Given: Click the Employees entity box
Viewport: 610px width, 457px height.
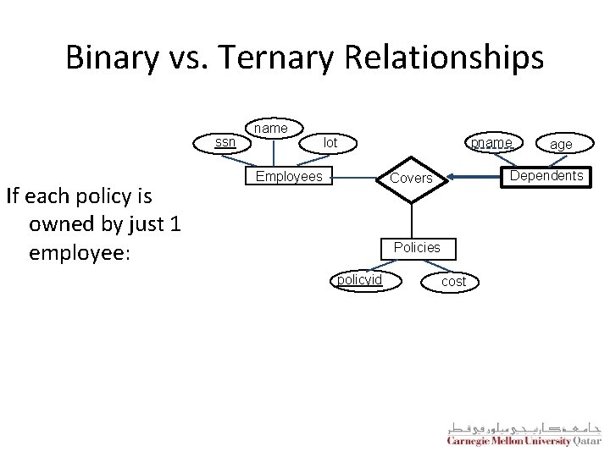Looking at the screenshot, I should pos(289,176).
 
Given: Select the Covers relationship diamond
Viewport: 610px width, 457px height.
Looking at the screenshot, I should pos(411,179).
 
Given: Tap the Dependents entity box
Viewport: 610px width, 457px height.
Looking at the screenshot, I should pos(546,176).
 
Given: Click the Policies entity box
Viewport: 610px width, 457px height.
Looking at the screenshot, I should pos(416,247).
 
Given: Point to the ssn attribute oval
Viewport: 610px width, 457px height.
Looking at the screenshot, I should pos(225,142).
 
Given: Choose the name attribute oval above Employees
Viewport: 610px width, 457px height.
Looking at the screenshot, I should pos(271,129).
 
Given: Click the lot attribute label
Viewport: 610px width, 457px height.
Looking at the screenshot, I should pos(330,143).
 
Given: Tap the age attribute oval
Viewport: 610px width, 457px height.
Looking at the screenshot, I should pos(561,144).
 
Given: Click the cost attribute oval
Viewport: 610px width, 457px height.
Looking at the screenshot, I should pos(454,282).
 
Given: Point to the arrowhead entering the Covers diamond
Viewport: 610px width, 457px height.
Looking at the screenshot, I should pos(453,176).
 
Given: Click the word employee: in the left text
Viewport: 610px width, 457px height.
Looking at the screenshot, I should pos(79,253).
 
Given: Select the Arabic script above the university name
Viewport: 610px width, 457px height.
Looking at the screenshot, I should pos(523,425).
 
